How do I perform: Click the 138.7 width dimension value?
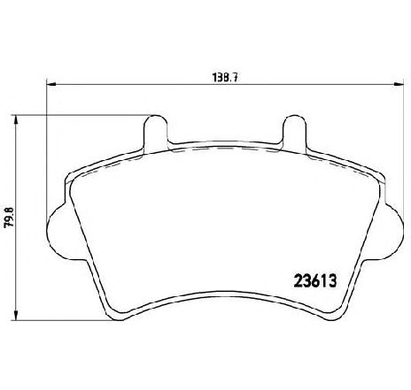point(225,78)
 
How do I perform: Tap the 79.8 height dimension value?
point(10,217)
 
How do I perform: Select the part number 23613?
point(315,280)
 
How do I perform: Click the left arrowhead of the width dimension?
point(51,84)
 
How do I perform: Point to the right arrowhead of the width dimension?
point(399,84)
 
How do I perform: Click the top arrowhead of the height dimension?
point(16,119)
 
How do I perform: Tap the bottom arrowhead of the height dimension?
point(16,316)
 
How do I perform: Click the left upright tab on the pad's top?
point(155,133)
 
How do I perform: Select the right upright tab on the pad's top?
point(295,133)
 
